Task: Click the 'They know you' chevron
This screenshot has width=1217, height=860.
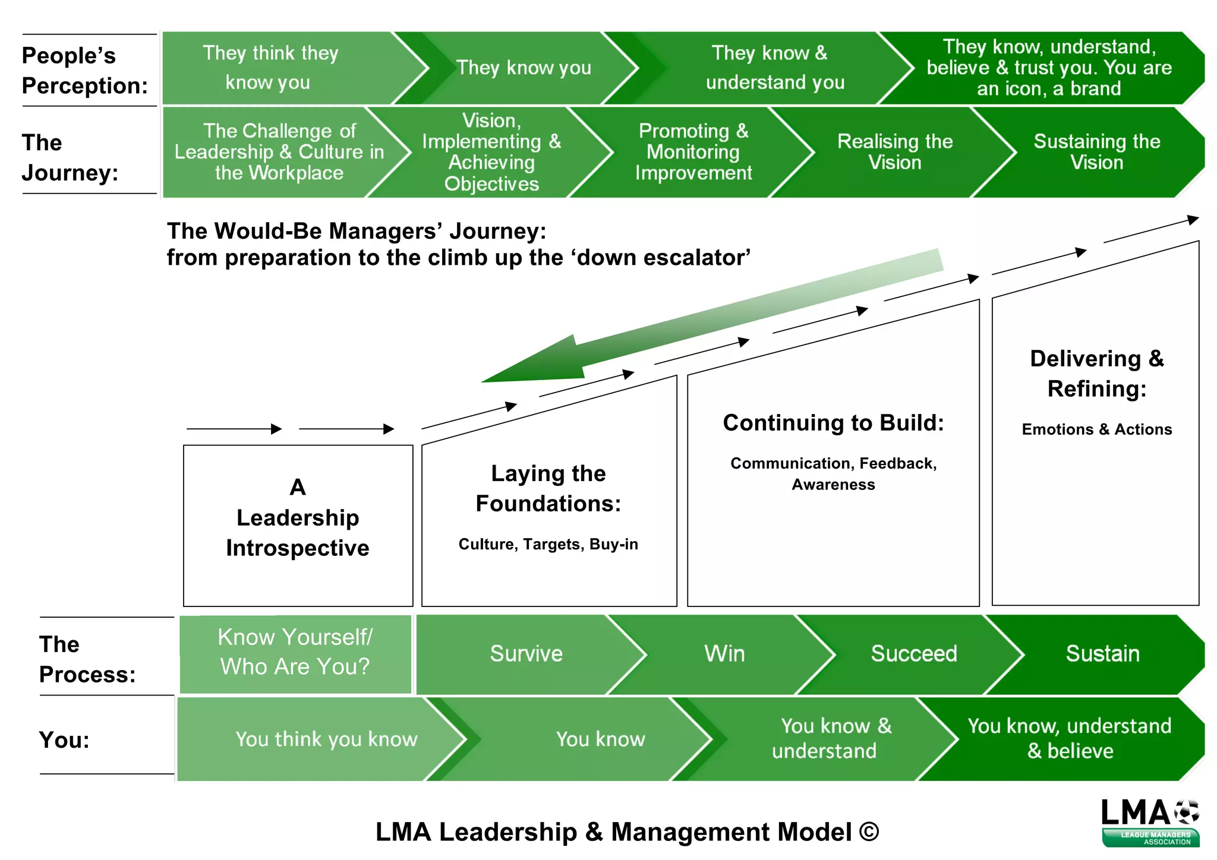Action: [523, 68]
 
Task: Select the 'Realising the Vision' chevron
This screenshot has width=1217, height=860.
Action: [894, 152]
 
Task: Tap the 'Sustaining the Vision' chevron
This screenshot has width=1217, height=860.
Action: [1096, 152]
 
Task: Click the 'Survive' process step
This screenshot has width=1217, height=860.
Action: [526, 654]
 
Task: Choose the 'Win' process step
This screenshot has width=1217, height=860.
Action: [724, 654]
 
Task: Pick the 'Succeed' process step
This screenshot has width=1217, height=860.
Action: [913, 654]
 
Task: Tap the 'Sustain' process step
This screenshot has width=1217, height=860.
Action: [1102, 654]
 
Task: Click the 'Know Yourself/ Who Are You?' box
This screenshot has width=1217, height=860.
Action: [295, 653]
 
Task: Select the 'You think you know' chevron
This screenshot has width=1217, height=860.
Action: [326, 739]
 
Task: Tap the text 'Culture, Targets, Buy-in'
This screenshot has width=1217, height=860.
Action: [548, 545]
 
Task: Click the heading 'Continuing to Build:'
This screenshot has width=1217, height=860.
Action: [833, 423]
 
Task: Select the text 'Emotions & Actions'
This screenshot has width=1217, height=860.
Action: [1096, 430]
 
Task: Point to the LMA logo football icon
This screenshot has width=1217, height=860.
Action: [1186, 812]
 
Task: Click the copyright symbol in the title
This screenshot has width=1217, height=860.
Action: [869, 832]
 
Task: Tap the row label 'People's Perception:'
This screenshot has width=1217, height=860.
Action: [84, 71]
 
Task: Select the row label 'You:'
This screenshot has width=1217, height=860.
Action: [64, 741]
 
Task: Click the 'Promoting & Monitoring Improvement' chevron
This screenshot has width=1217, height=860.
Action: [693, 152]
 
